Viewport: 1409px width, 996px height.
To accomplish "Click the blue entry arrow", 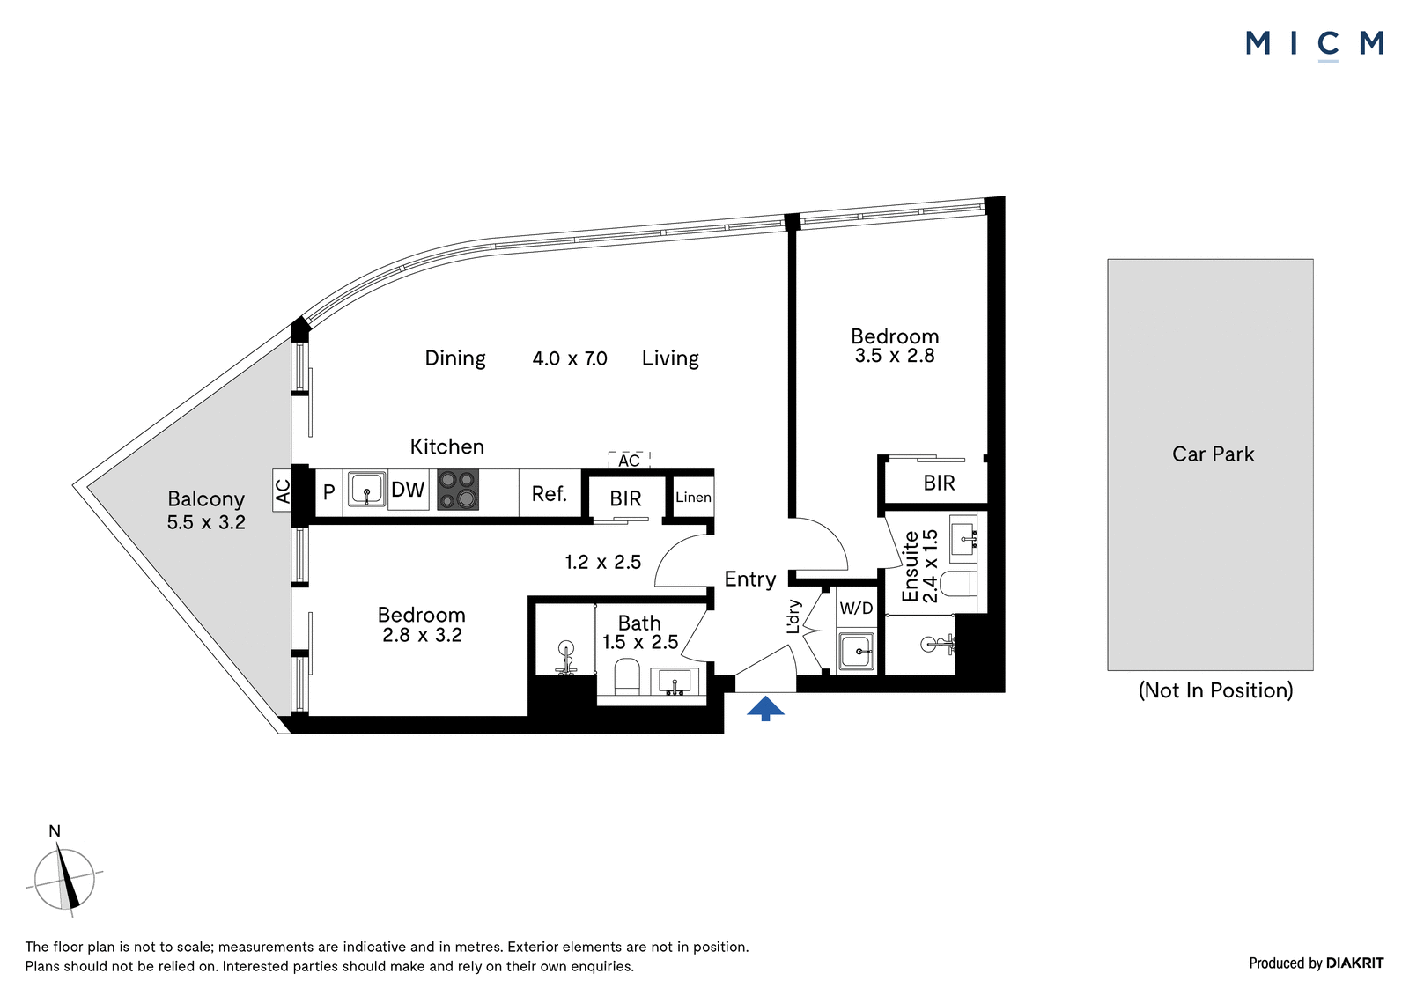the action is point(765,708).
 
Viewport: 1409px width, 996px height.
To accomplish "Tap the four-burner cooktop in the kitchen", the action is point(458,490).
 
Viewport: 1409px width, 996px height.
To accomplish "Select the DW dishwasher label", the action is point(408,490).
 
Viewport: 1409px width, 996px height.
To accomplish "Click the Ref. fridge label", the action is point(550,494).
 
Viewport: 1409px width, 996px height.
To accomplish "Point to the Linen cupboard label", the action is point(693,497).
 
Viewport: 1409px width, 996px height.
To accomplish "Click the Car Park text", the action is point(1213,454).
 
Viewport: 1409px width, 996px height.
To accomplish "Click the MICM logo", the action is point(1315,44).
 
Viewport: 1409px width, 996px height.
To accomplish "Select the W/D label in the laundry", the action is point(856,608).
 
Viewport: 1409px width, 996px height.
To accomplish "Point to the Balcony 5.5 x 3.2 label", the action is point(206,510).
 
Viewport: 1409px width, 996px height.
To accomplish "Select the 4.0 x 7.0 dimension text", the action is point(570,358).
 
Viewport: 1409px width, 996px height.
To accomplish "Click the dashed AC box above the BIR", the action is point(629,460).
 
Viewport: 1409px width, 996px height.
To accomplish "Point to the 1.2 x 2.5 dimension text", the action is point(602,562).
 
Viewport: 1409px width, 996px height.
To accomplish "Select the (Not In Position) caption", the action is point(1215,690).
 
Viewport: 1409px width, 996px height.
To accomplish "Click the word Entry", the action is point(749,579).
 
